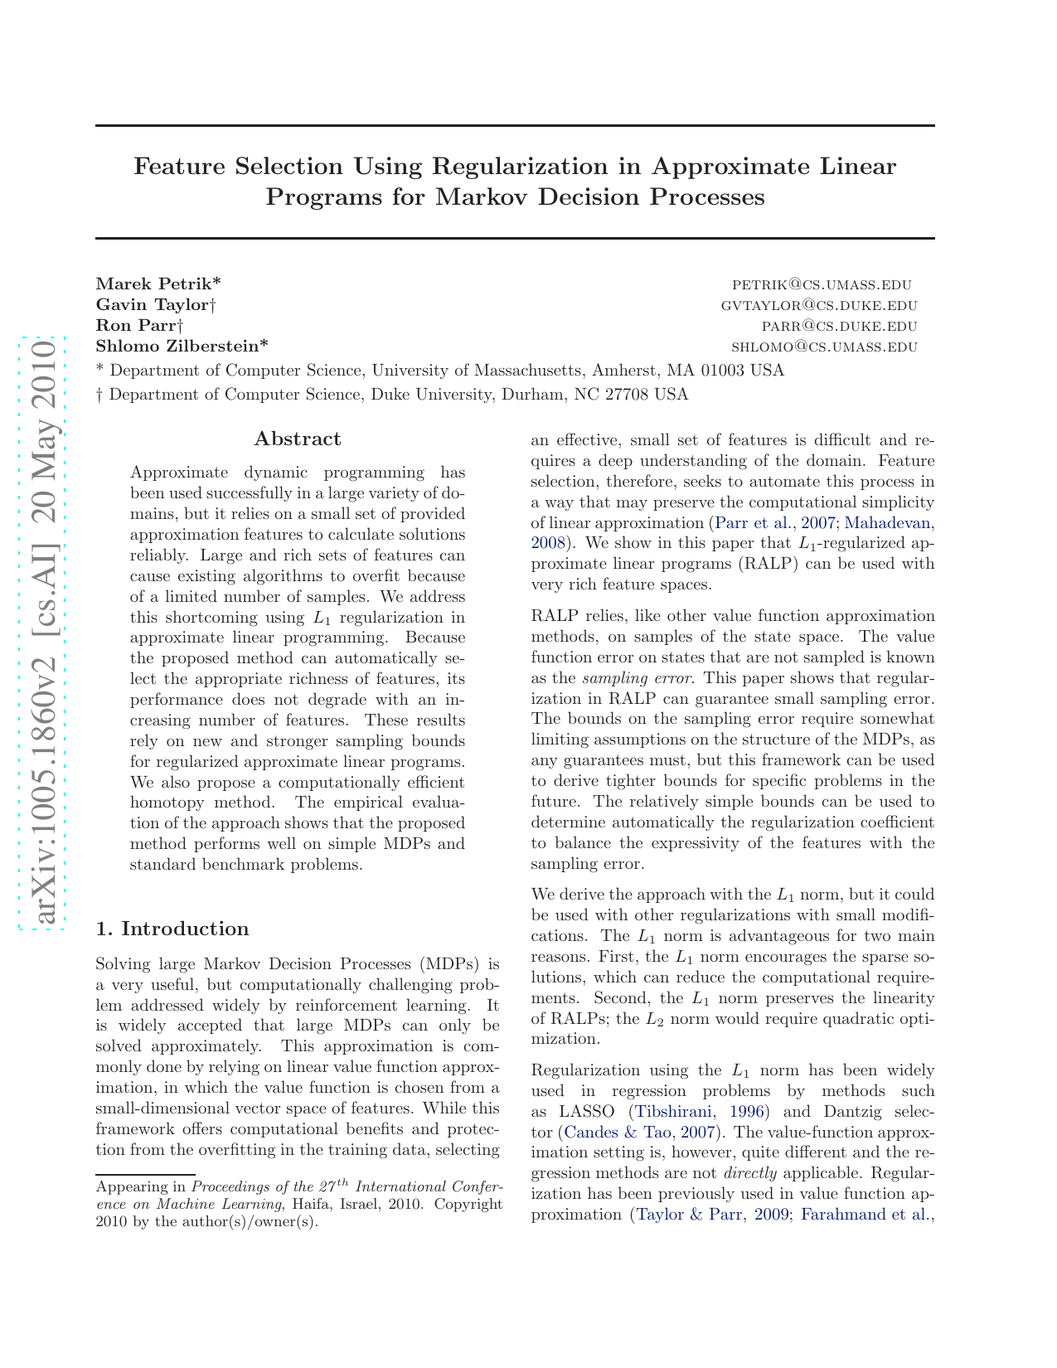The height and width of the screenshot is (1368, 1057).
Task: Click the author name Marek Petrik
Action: [x=158, y=284]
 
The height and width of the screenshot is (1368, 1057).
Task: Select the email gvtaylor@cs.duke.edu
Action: [x=818, y=305]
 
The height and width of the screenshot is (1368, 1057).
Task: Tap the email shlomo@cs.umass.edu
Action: [x=824, y=347]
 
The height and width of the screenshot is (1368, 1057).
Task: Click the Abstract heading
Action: [x=297, y=439]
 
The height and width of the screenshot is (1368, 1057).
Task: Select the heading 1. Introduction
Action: [x=172, y=928]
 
